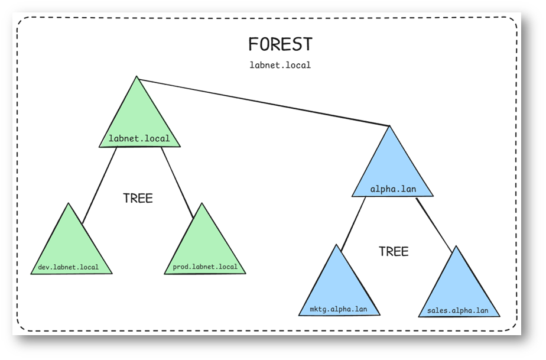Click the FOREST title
tap(280, 44)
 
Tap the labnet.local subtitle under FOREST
tap(280, 65)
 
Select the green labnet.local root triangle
tap(139, 118)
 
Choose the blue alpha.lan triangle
tap(392, 168)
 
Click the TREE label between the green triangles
tap(138, 198)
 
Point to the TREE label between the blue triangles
tap(394, 251)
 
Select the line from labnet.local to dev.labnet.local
tap(99, 185)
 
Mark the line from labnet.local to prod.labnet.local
tap(177, 183)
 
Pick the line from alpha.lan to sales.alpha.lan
tap(434, 225)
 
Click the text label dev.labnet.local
tap(69, 267)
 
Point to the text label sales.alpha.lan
tap(457, 310)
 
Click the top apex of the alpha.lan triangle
tap(389, 126)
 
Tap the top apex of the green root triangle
tap(136, 76)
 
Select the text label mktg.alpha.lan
tap(339, 309)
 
